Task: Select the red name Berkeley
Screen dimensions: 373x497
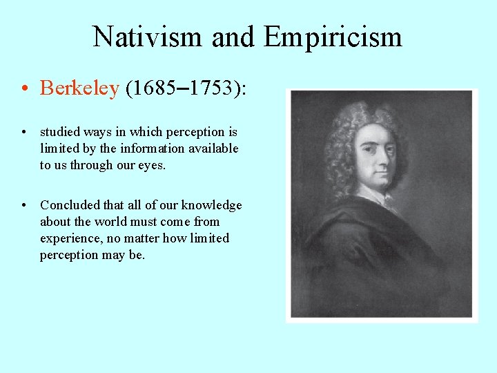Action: click(79, 88)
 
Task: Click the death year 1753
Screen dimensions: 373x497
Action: click(211, 88)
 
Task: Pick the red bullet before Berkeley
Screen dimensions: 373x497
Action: click(24, 89)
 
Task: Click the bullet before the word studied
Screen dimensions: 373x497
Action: click(24, 132)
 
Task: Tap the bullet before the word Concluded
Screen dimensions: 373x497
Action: click(24, 206)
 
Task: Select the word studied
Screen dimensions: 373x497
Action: click(60, 131)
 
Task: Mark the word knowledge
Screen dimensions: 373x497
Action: click(211, 205)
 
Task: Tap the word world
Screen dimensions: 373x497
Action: click(110, 222)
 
